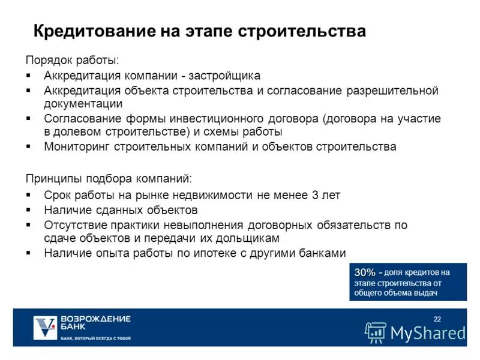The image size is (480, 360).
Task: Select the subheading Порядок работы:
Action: tap(72, 61)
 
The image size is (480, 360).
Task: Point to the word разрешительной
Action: tap(392, 91)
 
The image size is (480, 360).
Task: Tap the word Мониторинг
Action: tap(74, 146)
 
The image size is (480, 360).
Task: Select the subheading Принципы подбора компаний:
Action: tap(109, 178)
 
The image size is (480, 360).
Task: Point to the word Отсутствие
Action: tap(75, 226)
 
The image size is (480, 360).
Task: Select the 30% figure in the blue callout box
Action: tap(365, 272)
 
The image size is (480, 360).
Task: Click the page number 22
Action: tap(437, 318)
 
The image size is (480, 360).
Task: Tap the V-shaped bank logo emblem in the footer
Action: tap(45, 328)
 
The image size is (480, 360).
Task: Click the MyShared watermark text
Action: tap(428, 332)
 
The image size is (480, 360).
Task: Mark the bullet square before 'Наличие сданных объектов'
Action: tap(29, 210)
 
